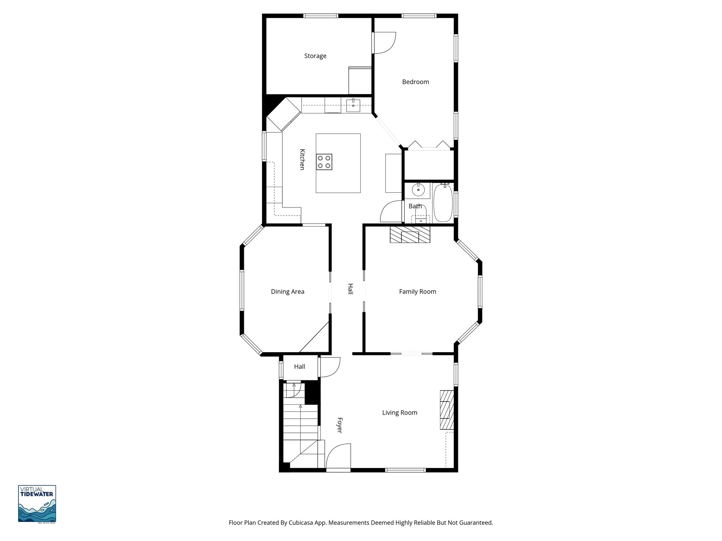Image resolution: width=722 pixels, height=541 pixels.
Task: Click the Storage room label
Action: click(315, 56)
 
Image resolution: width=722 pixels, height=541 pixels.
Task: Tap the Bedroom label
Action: click(415, 82)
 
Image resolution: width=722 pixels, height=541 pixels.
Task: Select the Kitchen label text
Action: click(302, 160)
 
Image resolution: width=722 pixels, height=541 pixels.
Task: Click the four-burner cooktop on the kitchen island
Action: click(324, 162)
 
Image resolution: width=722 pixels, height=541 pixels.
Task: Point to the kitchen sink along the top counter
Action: click(353, 105)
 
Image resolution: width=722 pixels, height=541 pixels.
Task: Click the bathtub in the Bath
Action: click(443, 203)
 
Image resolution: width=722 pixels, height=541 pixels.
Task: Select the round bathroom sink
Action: click(418, 190)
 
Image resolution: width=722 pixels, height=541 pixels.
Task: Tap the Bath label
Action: click(415, 206)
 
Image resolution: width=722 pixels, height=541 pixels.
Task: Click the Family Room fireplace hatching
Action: click(410, 235)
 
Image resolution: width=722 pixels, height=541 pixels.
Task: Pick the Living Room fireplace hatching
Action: click(446, 410)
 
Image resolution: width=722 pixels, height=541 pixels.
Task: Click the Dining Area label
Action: click(287, 292)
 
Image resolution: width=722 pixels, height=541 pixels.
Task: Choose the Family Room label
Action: click(417, 292)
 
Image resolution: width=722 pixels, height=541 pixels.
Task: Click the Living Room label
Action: click(399, 413)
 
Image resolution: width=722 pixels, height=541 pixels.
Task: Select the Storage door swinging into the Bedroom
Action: click(385, 43)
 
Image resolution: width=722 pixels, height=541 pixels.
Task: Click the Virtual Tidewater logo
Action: click(37, 503)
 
